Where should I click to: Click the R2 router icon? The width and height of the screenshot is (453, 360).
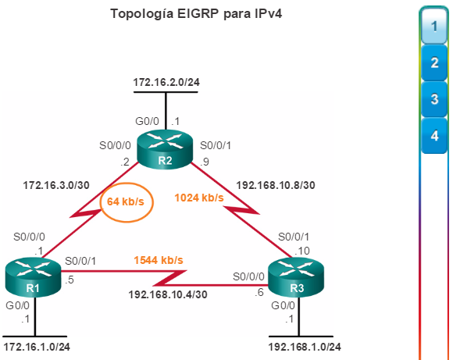pyautogui.click(x=164, y=151)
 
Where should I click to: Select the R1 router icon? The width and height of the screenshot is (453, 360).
pyautogui.click(x=34, y=278)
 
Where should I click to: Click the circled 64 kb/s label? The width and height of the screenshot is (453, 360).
pyautogui.click(x=126, y=201)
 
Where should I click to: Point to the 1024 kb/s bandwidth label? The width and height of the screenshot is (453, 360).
pyautogui.click(x=199, y=198)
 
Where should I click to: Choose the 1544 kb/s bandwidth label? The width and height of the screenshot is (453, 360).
pyautogui.click(x=159, y=260)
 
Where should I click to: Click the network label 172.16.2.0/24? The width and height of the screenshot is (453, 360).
pyautogui.click(x=166, y=82)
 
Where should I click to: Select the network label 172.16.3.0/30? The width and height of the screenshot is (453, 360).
pyautogui.click(x=56, y=185)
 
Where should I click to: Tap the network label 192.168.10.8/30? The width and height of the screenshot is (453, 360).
pyautogui.click(x=276, y=185)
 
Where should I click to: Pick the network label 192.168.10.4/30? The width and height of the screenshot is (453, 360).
pyautogui.click(x=168, y=294)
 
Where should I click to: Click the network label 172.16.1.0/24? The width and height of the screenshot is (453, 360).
pyautogui.click(x=37, y=347)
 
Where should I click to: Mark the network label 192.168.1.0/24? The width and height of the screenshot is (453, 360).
pyautogui.click(x=305, y=347)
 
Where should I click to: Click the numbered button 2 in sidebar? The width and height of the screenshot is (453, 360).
pyautogui.click(x=434, y=62)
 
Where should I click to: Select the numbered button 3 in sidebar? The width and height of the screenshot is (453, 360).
pyautogui.click(x=434, y=99)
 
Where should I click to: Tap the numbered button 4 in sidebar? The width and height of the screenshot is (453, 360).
pyautogui.click(x=434, y=136)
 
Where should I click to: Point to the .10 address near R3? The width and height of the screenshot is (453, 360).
pyautogui.click(x=302, y=251)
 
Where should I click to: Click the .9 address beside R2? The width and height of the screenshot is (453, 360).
pyautogui.click(x=205, y=162)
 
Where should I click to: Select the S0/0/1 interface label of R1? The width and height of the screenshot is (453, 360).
pyautogui.click(x=80, y=261)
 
